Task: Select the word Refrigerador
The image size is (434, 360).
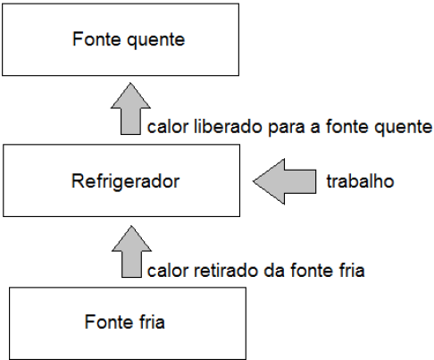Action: pyautogui.click(x=125, y=182)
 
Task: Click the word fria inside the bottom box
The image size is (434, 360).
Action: pyautogui.click(x=149, y=321)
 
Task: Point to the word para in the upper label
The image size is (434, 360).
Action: pyautogui.click(x=284, y=128)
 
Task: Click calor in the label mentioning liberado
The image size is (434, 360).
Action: pyautogui.click(x=167, y=128)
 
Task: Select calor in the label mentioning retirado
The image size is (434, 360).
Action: pyautogui.click(x=167, y=269)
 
